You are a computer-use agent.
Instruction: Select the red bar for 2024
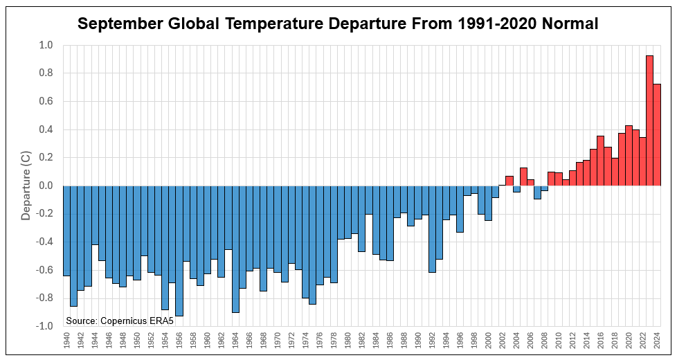point(657,135)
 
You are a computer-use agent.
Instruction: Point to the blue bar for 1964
point(235,249)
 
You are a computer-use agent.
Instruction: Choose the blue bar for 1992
point(432,229)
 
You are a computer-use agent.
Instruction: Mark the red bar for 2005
point(523,177)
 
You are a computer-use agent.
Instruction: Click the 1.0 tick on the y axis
point(46,45)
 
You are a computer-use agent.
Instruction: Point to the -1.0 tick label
point(44,326)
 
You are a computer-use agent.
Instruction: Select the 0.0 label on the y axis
point(46,186)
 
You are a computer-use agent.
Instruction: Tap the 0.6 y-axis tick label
point(46,101)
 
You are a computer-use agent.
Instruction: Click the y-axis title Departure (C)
point(26,186)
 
